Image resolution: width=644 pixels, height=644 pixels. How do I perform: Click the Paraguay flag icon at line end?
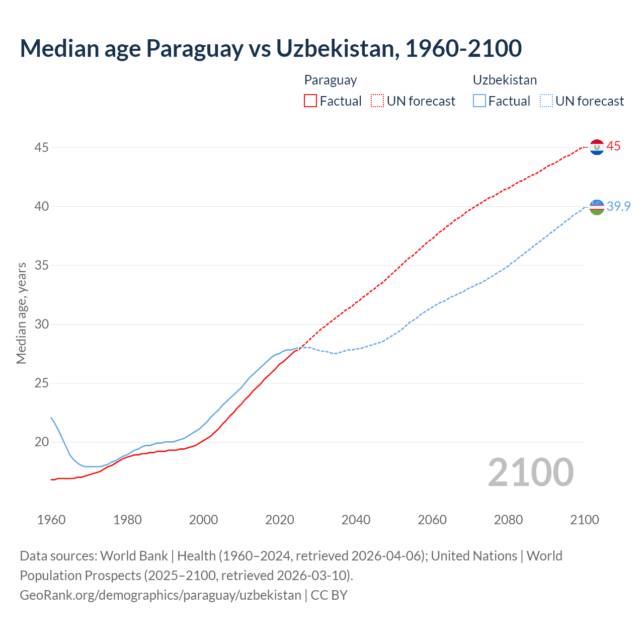click(597, 147)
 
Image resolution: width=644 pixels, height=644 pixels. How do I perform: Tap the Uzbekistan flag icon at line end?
click(597, 207)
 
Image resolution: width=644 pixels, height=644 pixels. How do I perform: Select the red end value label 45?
click(613, 146)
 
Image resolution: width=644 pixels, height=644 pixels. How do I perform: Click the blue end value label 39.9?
click(618, 206)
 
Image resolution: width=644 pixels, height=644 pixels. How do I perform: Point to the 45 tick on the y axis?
click(42, 147)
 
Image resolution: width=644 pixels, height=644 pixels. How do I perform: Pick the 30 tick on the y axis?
click(42, 324)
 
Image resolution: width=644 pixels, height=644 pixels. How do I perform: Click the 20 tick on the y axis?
click(42, 442)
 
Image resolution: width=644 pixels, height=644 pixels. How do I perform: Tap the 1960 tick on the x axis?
click(51, 520)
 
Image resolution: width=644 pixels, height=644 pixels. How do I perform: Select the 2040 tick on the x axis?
click(356, 520)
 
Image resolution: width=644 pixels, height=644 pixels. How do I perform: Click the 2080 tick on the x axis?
click(508, 520)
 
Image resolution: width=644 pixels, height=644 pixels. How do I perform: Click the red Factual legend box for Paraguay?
click(310, 101)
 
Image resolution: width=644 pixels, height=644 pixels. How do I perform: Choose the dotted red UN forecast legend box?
click(377, 101)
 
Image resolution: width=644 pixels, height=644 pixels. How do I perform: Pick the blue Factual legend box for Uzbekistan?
click(479, 101)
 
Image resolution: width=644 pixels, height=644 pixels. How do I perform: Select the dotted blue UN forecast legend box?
click(546, 101)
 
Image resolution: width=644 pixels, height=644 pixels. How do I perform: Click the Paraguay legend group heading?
click(331, 80)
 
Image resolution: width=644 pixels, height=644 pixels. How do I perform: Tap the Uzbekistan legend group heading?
click(505, 80)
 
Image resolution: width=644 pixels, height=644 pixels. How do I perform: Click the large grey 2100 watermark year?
click(530, 472)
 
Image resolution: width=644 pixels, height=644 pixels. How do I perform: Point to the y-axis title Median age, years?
click(21, 312)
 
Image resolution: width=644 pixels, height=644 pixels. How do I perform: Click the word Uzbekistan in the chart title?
click(335, 48)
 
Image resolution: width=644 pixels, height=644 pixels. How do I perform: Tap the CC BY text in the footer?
click(329, 595)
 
